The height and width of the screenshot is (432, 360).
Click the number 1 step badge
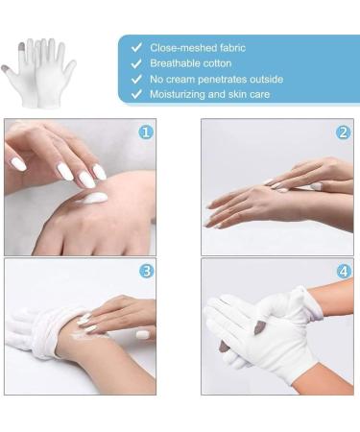coord(146,132)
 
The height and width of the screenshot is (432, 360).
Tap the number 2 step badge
coord(343,132)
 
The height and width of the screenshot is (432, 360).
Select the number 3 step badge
coord(146,272)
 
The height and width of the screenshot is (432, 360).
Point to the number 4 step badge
coord(344,272)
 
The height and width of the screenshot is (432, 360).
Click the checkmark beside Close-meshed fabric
coord(136,48)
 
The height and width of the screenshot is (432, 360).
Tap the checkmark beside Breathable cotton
coord(136,63)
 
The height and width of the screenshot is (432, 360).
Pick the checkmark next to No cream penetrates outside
coord(136,79)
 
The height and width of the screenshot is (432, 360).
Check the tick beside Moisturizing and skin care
coord(136,94)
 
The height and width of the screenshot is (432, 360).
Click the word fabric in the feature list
coord(232,48)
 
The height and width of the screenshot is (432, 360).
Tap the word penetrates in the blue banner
coord(222,80)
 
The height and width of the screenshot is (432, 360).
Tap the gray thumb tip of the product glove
coord(5,68)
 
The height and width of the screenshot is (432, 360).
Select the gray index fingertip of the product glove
coord(21,47)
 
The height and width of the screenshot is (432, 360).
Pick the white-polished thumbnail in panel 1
coord(18,163)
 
